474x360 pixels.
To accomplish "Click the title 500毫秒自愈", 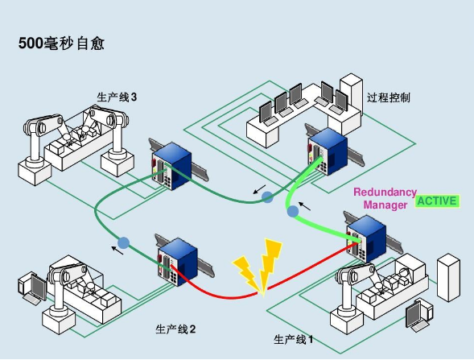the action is coord(62,43).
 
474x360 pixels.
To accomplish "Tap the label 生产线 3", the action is coord(117,97).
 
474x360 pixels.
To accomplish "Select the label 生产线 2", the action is coord(175,329).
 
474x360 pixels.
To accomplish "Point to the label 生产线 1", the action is coord(293,339).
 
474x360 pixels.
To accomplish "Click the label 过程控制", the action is coord(389,97).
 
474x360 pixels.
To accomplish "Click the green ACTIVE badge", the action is coord(437,201).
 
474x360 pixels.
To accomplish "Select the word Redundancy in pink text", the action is coord(385,192).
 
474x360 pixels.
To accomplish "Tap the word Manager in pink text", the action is coord(385,205).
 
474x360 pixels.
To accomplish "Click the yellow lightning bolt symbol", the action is coord(258,267).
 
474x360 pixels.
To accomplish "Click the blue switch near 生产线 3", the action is coord(171,166).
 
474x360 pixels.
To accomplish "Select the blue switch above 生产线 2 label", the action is coord(177,262).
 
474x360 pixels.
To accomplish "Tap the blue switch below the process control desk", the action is coord(328,151).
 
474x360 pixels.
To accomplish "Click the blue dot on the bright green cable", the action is coord(292,211).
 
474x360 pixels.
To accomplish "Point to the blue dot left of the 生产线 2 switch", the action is coord(123,242).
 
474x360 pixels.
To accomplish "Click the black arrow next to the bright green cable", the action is coord(304,206).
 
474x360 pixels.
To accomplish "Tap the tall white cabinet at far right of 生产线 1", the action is coord(448,278).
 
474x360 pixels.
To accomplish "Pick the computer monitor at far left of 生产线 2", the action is coord(33,288).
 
